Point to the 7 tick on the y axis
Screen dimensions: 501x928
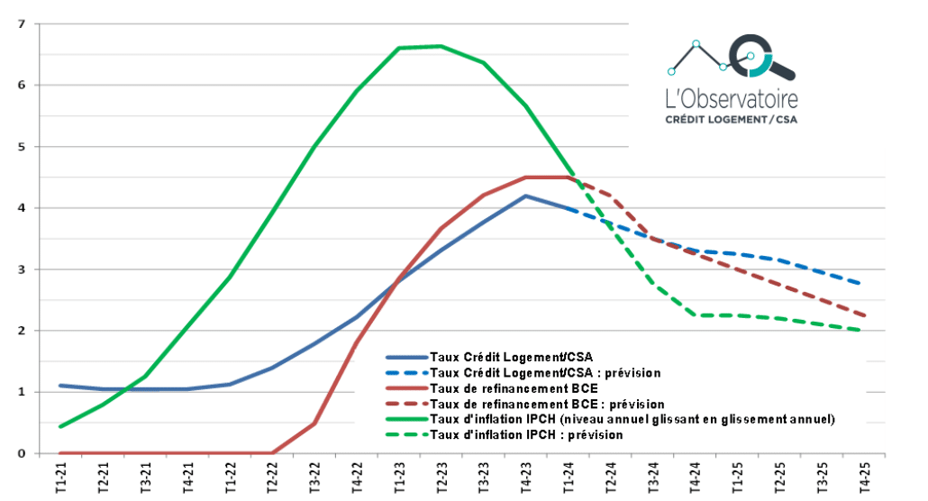(x=23, y=23)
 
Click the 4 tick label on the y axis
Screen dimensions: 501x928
(x=23, y=208)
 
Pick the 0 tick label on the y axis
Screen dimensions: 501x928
(x=23, y=453)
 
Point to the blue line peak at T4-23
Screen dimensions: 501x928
(x=525, y=196)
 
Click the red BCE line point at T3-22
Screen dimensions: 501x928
(x=314, y=423)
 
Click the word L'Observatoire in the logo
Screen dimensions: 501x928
(x=730, y=97)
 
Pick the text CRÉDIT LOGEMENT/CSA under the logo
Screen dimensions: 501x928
(x=730, y=119)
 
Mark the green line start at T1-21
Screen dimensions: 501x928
(x=60, y=426)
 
